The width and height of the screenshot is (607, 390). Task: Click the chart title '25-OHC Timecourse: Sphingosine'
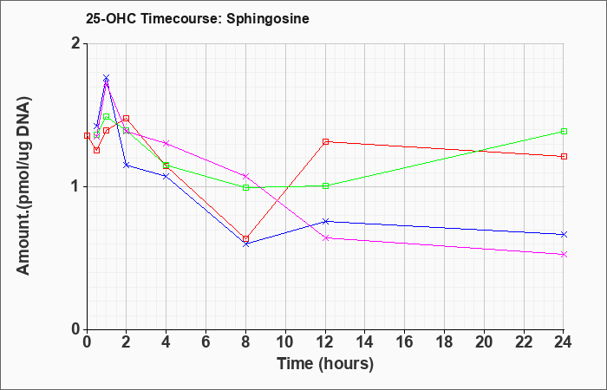tap(198, 18)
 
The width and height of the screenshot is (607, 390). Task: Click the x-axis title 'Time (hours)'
tap(325, 364)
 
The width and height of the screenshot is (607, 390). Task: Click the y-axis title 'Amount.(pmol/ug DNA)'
tap(24, 185)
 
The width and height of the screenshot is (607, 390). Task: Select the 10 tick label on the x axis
tap(285, 342)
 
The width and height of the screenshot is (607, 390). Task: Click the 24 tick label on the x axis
tap(564, 342)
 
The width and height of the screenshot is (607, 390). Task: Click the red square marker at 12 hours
tap(325, 142)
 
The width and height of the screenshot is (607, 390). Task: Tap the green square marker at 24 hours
tap(564, 131)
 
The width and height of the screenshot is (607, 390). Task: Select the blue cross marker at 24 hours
tap(564, 235)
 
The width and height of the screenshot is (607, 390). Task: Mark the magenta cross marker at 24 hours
tap(564, 254)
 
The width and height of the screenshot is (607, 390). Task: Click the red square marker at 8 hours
tap(245, 238)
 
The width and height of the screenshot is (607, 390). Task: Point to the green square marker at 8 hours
tap(245, 188)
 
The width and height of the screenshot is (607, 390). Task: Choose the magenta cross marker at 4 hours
tap(166, 143)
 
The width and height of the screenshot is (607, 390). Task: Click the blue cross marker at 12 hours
tap(325, 221)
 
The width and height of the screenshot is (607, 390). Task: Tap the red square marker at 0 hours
tap(87, 135)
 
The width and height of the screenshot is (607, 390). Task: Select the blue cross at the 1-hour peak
tap(107, 78)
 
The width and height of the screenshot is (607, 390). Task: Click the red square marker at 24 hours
tap(564, 156)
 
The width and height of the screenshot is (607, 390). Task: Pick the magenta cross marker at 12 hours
tap(325, 238)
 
